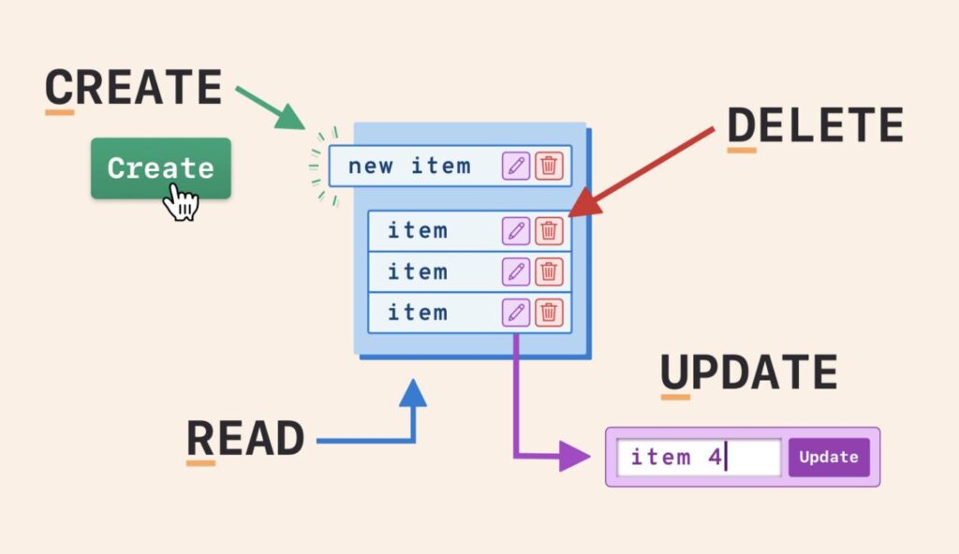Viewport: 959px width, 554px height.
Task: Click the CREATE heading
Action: click(x=133, y=88)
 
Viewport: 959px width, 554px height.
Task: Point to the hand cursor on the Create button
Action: click(x=182, y=200)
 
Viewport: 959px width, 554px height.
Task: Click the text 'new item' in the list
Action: click(x=409, y=167)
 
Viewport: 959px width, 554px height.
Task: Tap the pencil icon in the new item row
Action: click(x=516, y=167)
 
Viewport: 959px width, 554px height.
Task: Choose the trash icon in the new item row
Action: click(x=549, y=167)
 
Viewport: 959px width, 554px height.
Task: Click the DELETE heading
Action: click(x=815, y=124)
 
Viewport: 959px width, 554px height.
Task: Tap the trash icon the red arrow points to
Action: click(x=549, y=230)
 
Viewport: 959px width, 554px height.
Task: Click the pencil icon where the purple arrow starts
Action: click(x=516, y=313)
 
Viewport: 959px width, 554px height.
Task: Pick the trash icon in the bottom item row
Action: click(x=549, y=313)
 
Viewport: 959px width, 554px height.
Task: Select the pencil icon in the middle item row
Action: click(x=516, y=271)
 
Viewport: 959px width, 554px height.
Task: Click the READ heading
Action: click(x=245, y=438)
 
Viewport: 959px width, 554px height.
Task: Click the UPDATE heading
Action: click(x=748, y=373)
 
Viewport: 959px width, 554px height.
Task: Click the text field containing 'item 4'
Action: click(x=698, y=458)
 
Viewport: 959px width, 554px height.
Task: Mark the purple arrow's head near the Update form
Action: click(x=573, y=457)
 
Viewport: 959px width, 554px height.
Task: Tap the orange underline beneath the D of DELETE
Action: click(x=742, y=150)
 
